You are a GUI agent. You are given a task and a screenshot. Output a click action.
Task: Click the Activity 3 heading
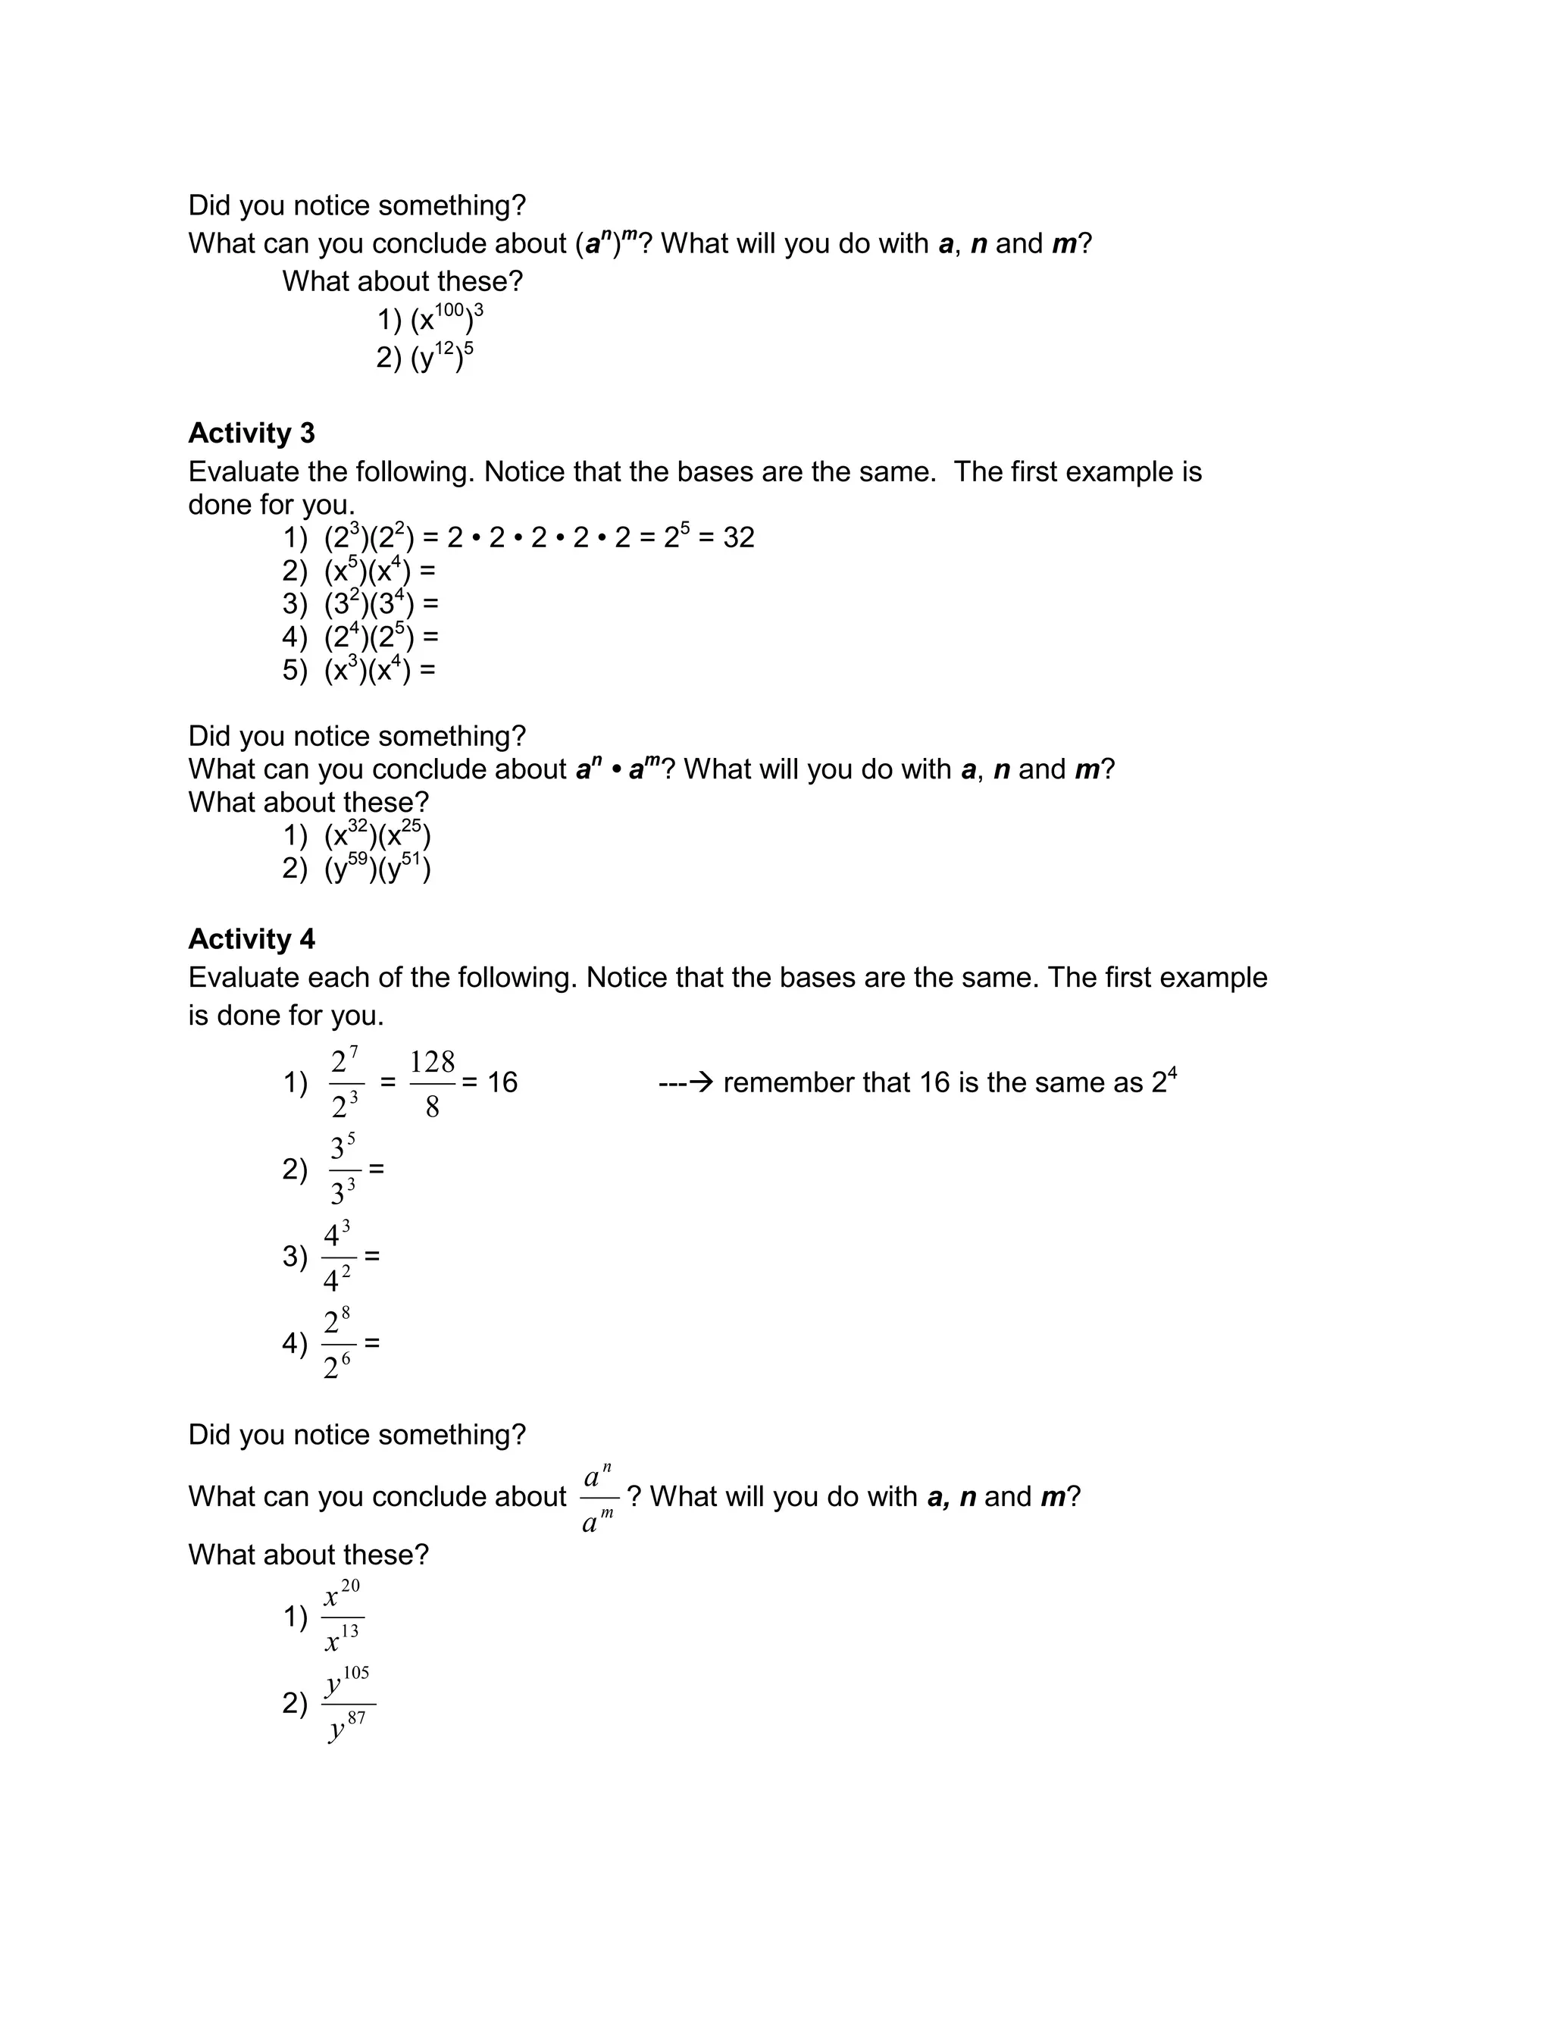(252, 434)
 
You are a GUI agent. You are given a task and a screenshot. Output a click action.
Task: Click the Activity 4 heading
(252, 938)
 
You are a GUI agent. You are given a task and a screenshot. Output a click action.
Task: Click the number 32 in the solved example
(738, 537)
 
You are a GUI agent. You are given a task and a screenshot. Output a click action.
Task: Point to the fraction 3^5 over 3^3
(343, 1170)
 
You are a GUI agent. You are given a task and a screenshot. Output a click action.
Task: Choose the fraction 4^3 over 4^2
(337, 1256)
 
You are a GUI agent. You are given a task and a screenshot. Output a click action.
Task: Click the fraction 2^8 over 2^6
(337, 1343)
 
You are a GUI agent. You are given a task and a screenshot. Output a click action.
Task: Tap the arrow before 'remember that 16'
(687, 1082)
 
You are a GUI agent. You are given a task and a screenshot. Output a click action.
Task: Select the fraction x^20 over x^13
(343, 1617)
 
